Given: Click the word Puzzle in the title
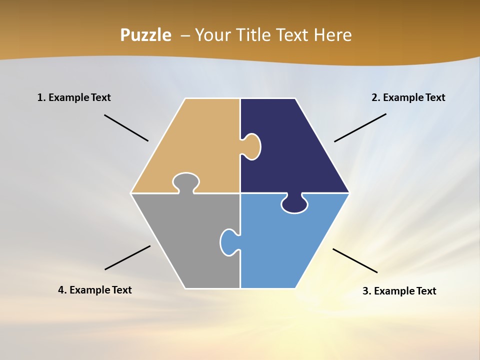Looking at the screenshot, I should [145, 35].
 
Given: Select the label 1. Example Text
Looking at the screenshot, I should [74, 97].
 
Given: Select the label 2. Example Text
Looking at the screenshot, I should [408, 97].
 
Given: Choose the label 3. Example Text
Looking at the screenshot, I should [399, 291].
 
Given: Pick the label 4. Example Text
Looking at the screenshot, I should [95, 290].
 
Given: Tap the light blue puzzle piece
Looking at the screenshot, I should [285, 245].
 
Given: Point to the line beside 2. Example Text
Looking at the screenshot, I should [360, 127].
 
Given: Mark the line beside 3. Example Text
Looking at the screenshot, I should [355, 260].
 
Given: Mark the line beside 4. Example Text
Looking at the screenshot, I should [127, 257].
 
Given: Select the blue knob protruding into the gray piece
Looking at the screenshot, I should [228, 242].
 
